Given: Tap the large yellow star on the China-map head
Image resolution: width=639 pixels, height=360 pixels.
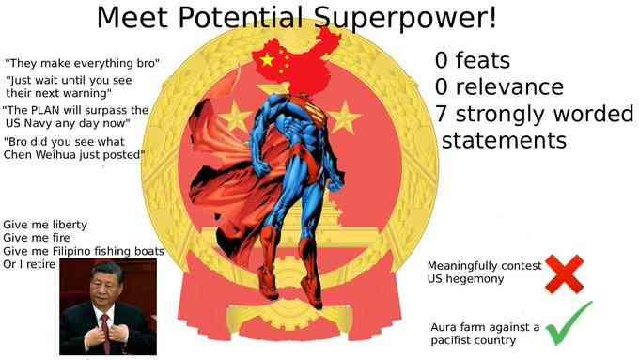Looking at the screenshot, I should click(266, 60).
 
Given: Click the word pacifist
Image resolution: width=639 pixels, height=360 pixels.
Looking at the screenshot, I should click(455, 339).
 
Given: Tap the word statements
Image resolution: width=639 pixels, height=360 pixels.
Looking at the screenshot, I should click(504, 140).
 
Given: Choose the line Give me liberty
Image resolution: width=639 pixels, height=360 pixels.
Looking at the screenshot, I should click(45, 226).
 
